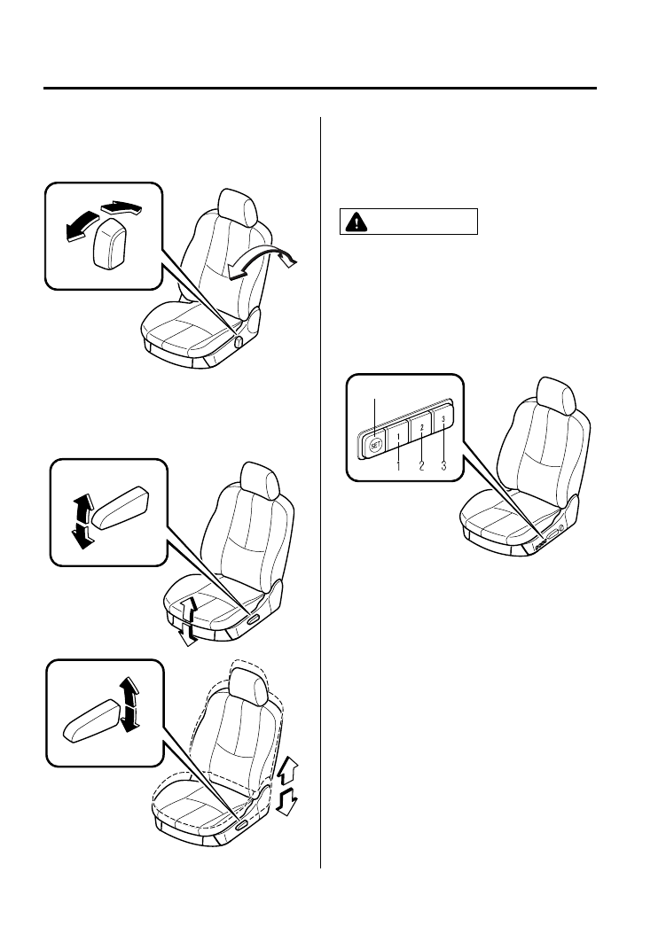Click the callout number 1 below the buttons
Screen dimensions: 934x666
(399, 463)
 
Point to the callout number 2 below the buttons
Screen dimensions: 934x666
(422, 463)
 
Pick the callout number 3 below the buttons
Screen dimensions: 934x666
(443, 463)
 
